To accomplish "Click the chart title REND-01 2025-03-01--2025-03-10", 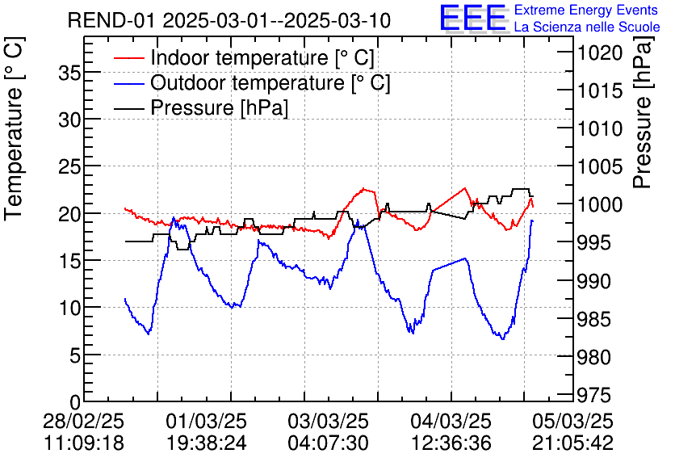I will (x=229, y=20).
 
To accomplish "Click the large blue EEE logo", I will (x=472, y=18).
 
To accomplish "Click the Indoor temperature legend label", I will (x=262, y=58).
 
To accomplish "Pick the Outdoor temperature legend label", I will (x=270, y=83).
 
